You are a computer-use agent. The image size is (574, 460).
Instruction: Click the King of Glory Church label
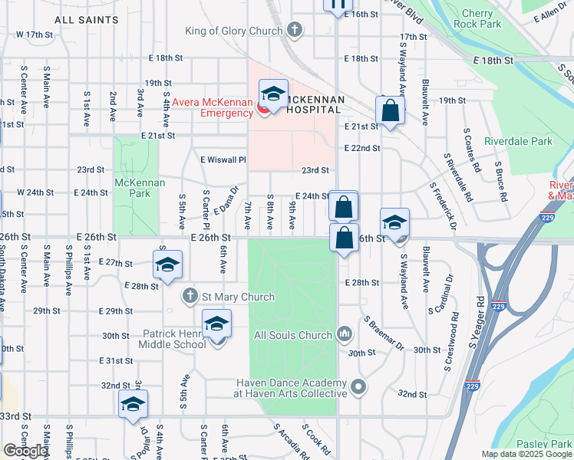[x=233, y=31]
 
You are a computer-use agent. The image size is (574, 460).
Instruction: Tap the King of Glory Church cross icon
[x=293, y=31]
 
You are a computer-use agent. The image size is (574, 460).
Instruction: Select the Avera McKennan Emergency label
[x=212, y=107]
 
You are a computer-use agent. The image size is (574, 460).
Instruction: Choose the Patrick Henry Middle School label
[x=175, y=339]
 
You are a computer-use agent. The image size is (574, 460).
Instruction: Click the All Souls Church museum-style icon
[x=345, y=334]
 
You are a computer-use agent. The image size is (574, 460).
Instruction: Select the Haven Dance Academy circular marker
[x=358, y=388]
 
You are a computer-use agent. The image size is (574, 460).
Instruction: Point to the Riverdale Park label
[x=518, y=141]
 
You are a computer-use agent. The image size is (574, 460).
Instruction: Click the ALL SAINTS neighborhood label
[x=87, y=19]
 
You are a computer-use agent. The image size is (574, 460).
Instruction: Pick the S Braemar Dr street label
[x=384, y=333]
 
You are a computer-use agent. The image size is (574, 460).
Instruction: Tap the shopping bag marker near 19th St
[x=391, y=110]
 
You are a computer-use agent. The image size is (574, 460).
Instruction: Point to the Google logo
[x=25, y=451]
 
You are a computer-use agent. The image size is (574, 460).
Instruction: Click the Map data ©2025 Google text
[x=525, y=454]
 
